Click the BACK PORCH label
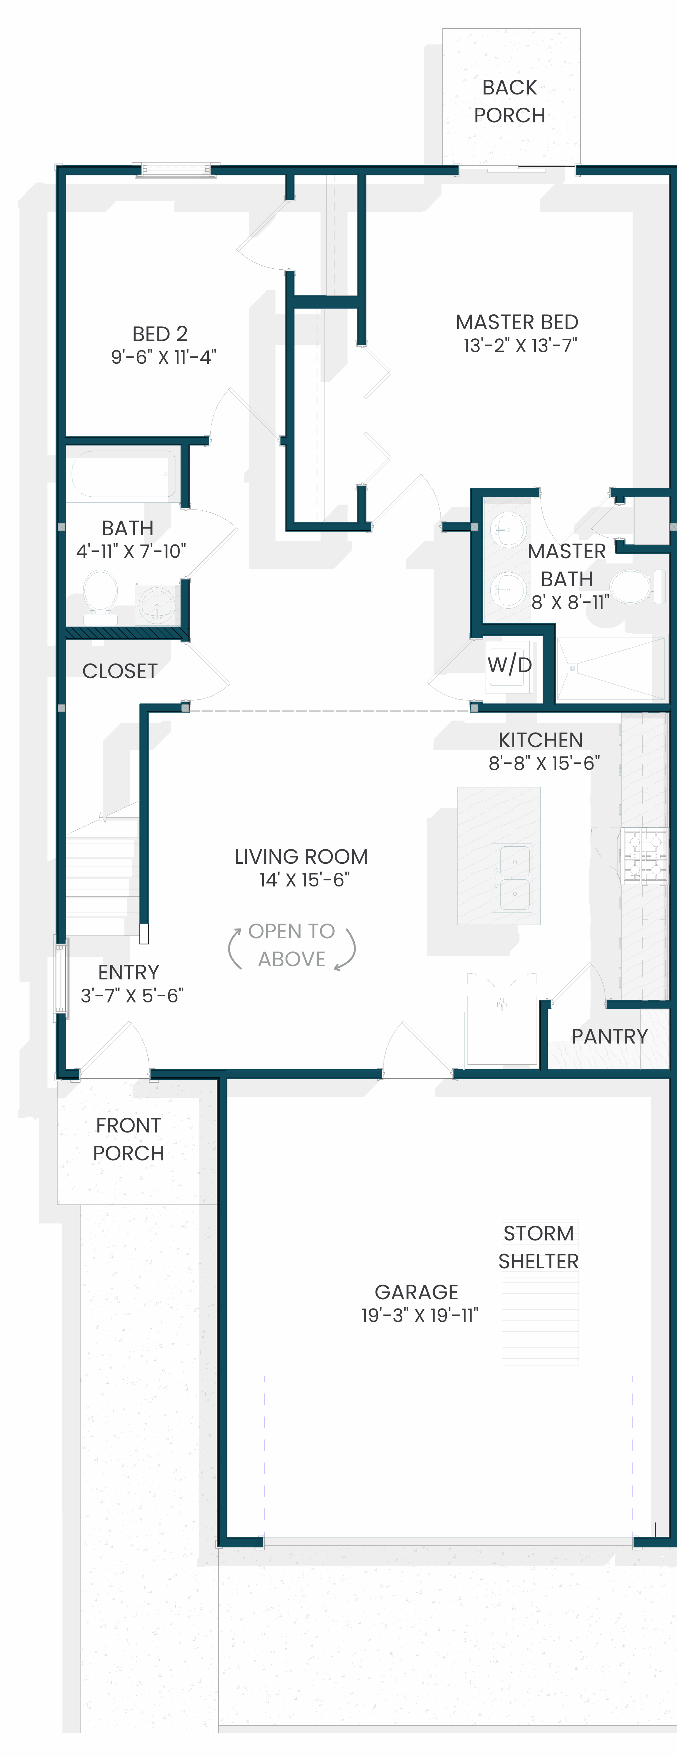pos(510,101)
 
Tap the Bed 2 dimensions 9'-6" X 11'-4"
pos(164,357)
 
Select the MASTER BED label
pos(517,322)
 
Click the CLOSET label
pos(120,671)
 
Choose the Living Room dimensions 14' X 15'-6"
pos(304,880)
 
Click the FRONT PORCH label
pos(128,1139)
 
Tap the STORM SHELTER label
pos(539,1247)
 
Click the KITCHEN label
pos(540,740)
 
